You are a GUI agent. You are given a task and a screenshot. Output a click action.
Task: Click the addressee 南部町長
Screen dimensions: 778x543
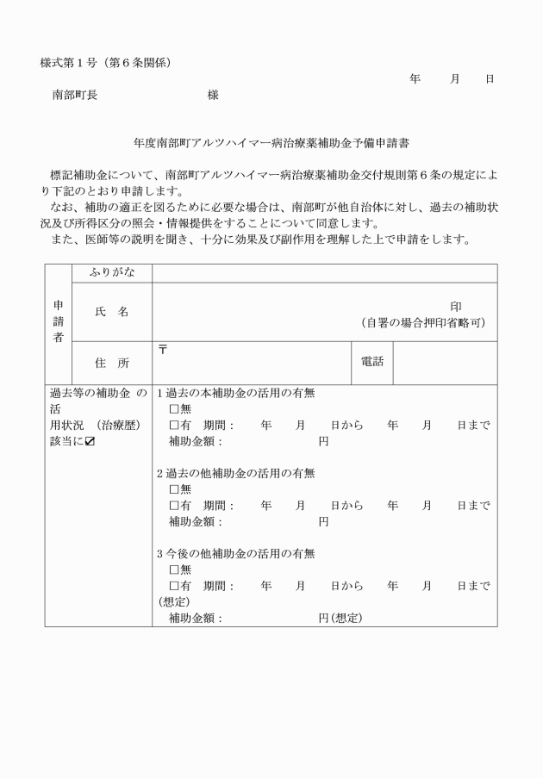(x=75, y=96)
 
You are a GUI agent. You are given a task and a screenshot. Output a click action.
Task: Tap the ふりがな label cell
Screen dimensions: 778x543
(x=111, y=273)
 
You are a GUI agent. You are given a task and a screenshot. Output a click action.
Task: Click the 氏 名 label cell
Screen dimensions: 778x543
(x=111, y=311)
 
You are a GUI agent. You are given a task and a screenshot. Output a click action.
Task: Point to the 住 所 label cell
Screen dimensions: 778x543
(x=111, y=363)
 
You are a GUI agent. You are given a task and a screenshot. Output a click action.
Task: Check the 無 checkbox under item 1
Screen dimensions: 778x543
(x=174, y=408)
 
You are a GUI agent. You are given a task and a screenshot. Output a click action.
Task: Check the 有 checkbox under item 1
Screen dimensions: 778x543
(x=174, y=425)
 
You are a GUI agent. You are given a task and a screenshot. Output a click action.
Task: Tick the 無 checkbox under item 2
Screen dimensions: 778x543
(x=174, y=489)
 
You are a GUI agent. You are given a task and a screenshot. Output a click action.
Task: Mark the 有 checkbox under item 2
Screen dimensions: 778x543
(x=174, y=506)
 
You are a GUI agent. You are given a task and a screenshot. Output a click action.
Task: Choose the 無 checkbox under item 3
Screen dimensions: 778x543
(x=174, y=569)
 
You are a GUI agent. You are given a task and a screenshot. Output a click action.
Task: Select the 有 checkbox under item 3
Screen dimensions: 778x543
(x=174, y=586)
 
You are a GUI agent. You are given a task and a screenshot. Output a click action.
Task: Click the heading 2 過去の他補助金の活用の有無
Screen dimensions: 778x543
(x=235, y=473)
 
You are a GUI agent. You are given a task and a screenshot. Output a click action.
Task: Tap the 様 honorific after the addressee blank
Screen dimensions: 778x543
(x=213, y=96)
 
